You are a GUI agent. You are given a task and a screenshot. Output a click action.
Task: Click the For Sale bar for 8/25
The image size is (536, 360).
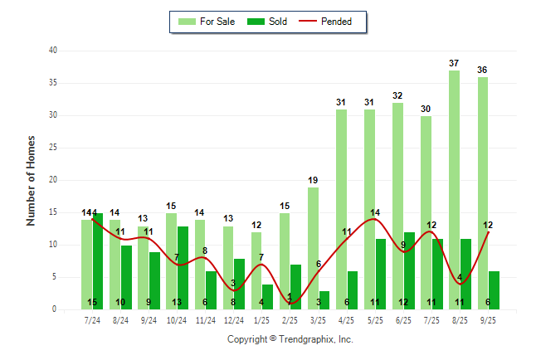454,190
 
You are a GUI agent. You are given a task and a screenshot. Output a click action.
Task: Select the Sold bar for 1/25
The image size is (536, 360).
268,296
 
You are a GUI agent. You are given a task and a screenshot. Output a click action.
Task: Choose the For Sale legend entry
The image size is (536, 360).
210,22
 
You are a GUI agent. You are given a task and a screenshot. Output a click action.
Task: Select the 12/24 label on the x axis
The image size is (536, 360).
234,319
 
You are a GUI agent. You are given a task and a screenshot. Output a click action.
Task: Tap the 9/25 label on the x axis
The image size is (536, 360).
488,319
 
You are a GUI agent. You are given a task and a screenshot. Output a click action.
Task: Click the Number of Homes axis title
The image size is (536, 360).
32,180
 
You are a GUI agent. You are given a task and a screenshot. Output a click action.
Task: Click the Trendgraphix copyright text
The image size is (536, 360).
290,339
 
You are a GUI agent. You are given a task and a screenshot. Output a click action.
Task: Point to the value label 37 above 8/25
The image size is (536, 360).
454,63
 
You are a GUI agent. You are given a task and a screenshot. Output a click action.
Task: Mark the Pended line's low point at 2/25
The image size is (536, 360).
290,303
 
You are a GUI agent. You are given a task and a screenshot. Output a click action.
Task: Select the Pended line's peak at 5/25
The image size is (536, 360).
375,219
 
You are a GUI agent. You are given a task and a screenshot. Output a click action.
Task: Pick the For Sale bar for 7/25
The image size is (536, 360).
426,212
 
